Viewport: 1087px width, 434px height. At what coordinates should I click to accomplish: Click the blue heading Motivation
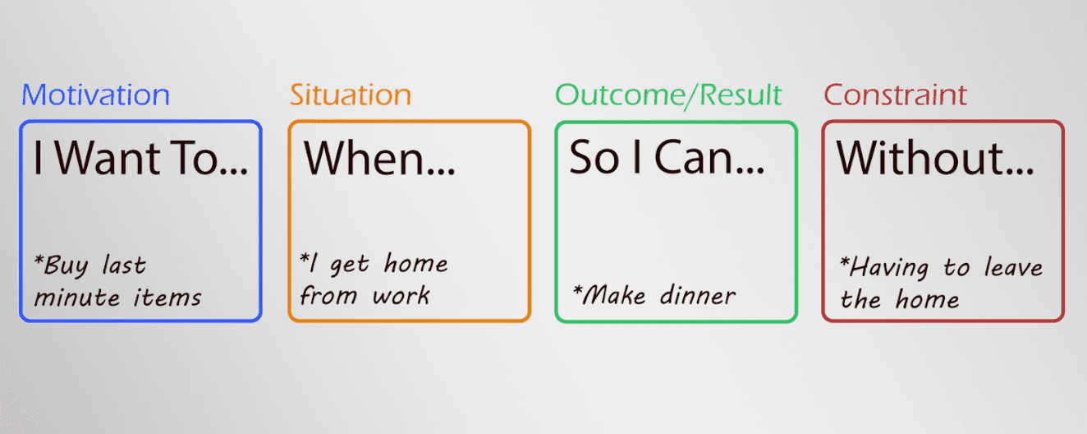click(x=95, y=95)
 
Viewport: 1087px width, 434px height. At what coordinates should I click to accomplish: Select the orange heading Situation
click(x=350, y=95)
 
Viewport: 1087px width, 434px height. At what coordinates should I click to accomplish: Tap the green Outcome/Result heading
click(x=668, y=95)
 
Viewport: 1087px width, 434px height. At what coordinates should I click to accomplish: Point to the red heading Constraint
click(x=896, y=95)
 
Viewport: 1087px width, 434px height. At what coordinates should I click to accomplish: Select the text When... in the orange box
click(x=380, y=159)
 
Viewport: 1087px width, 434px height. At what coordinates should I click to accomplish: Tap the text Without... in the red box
click(x=935, y=159)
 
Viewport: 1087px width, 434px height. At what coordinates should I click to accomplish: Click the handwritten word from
click(x=328, y=296)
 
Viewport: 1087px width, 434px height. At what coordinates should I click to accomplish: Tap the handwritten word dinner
click(x=697, y=294)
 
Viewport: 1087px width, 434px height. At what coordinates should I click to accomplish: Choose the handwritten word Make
click(x=615, y=294)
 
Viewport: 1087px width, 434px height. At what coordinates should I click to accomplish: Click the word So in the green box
click(x=594, y=159)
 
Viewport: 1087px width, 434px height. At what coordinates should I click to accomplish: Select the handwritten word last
click(x=124, y=266)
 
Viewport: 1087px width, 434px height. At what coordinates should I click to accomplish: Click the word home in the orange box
click(x=416, y=265)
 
